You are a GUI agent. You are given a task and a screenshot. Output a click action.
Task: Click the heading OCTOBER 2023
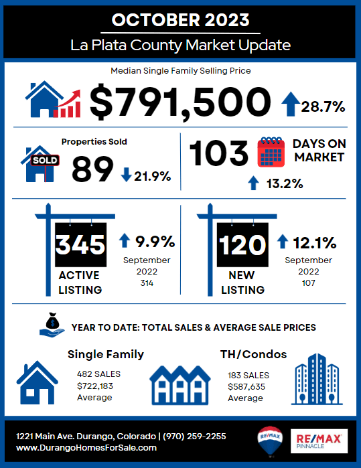click(179, 19)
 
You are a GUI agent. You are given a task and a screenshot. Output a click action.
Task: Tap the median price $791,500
click(179, 102)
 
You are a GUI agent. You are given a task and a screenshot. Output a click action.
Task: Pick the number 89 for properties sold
click(92, 169)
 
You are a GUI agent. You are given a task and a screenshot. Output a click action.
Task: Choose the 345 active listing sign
click(80, 245)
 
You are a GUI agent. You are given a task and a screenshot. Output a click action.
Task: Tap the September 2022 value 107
click(308, 284)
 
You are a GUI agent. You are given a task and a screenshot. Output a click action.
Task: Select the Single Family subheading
click(106, 354)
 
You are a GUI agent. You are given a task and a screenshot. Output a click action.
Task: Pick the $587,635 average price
click(245, 386)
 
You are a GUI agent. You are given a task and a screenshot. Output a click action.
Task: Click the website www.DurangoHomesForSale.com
click(86, 447)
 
